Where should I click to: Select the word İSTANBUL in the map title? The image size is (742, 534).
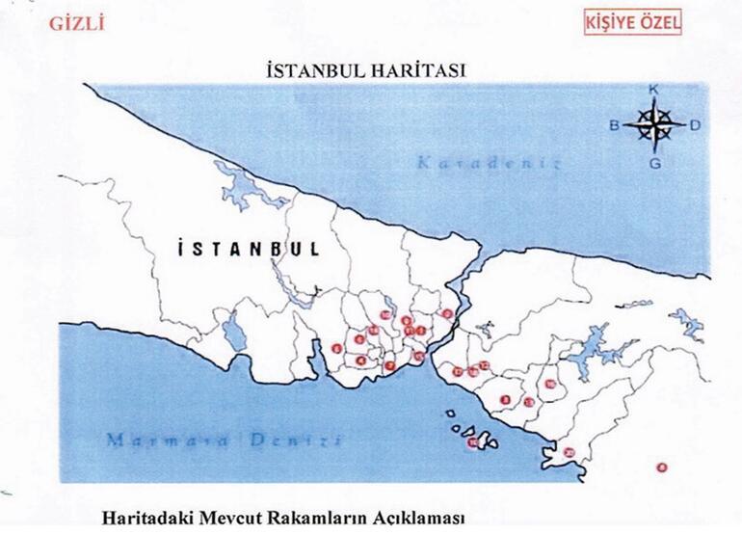313,70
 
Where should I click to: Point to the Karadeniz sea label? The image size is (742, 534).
489,163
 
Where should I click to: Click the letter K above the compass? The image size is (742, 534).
654,90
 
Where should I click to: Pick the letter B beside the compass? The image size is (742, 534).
613,125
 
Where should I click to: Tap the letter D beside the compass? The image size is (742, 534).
695,125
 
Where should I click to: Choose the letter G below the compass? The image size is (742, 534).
654,163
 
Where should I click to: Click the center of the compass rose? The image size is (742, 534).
654,124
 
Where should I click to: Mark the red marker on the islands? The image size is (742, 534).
473,443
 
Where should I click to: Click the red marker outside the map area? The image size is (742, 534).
661,468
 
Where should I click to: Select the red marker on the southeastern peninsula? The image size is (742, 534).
569,452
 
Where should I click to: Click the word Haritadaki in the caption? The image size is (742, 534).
156,519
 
